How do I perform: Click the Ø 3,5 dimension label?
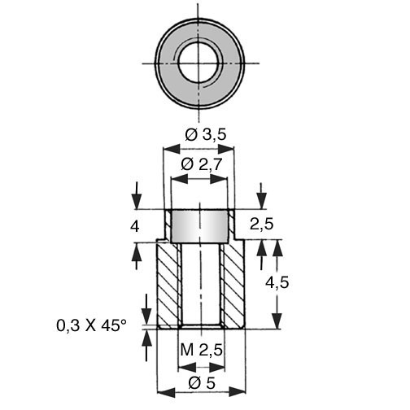coord(206,135)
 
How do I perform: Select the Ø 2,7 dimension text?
coord(202,164)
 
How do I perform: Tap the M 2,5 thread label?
coord(201,350)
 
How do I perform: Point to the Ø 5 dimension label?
coord(202,383)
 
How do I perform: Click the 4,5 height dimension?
coord(277,283)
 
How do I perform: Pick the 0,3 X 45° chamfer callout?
coord(91,325)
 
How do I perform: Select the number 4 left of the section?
coord(135,226)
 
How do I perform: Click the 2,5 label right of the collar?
coord(261,225)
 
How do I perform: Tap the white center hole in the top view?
coord(200,63)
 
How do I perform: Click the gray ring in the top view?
coord(168,63)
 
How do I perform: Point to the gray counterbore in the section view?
coord(199,226)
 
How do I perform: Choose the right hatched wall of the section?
coord(233,285)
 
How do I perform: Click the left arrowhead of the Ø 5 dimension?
coord(166,392)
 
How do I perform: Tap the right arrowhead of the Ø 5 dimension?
coord(238,392)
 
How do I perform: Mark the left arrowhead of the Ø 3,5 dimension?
coord(172,149)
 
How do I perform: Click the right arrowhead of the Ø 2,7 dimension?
coord(218,179)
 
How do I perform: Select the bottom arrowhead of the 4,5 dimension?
coord(277,321)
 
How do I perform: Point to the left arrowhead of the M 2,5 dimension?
coord(187,368)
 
